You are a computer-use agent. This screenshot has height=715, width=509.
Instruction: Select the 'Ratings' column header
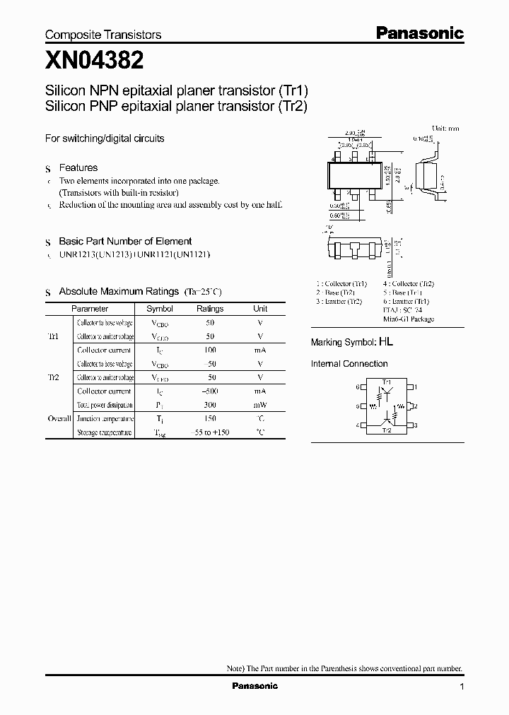[x=210, y=309]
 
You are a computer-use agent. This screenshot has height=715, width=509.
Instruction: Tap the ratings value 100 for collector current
[x=210, y=350]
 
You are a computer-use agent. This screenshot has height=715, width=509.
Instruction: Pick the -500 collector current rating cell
[x=210, y=391]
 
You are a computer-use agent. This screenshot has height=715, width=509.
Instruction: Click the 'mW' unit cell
[x=260, y=405]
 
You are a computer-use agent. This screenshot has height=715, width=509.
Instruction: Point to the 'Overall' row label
[x=59, y=419]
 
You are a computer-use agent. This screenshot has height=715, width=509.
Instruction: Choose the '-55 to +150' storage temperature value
[x=210, y=432]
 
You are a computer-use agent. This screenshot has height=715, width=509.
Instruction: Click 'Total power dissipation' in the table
[x=105, y=406]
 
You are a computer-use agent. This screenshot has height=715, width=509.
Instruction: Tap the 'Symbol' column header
[x=159, y=309]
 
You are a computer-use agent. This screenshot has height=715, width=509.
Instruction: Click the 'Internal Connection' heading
[x=349, y=364]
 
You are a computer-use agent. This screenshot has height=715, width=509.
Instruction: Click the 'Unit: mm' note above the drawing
[x=446, y=129]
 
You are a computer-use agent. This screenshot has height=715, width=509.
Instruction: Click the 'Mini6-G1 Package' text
[x=409, y=319]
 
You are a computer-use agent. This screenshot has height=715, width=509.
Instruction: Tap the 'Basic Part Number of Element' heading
[x=125, y=241]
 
